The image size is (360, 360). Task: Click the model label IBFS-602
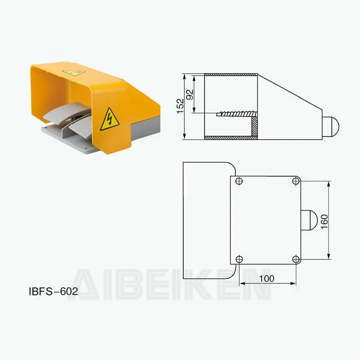(53, 291)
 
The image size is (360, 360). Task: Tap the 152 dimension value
(180, 106)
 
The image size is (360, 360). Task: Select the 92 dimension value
(190, 94)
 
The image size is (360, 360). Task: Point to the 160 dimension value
(324, 221)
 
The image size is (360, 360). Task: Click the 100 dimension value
(266, 278)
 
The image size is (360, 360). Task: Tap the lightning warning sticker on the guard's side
(109, 120)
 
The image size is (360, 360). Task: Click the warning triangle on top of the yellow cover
(74, 72)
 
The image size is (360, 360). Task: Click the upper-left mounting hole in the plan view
(239, 181)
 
